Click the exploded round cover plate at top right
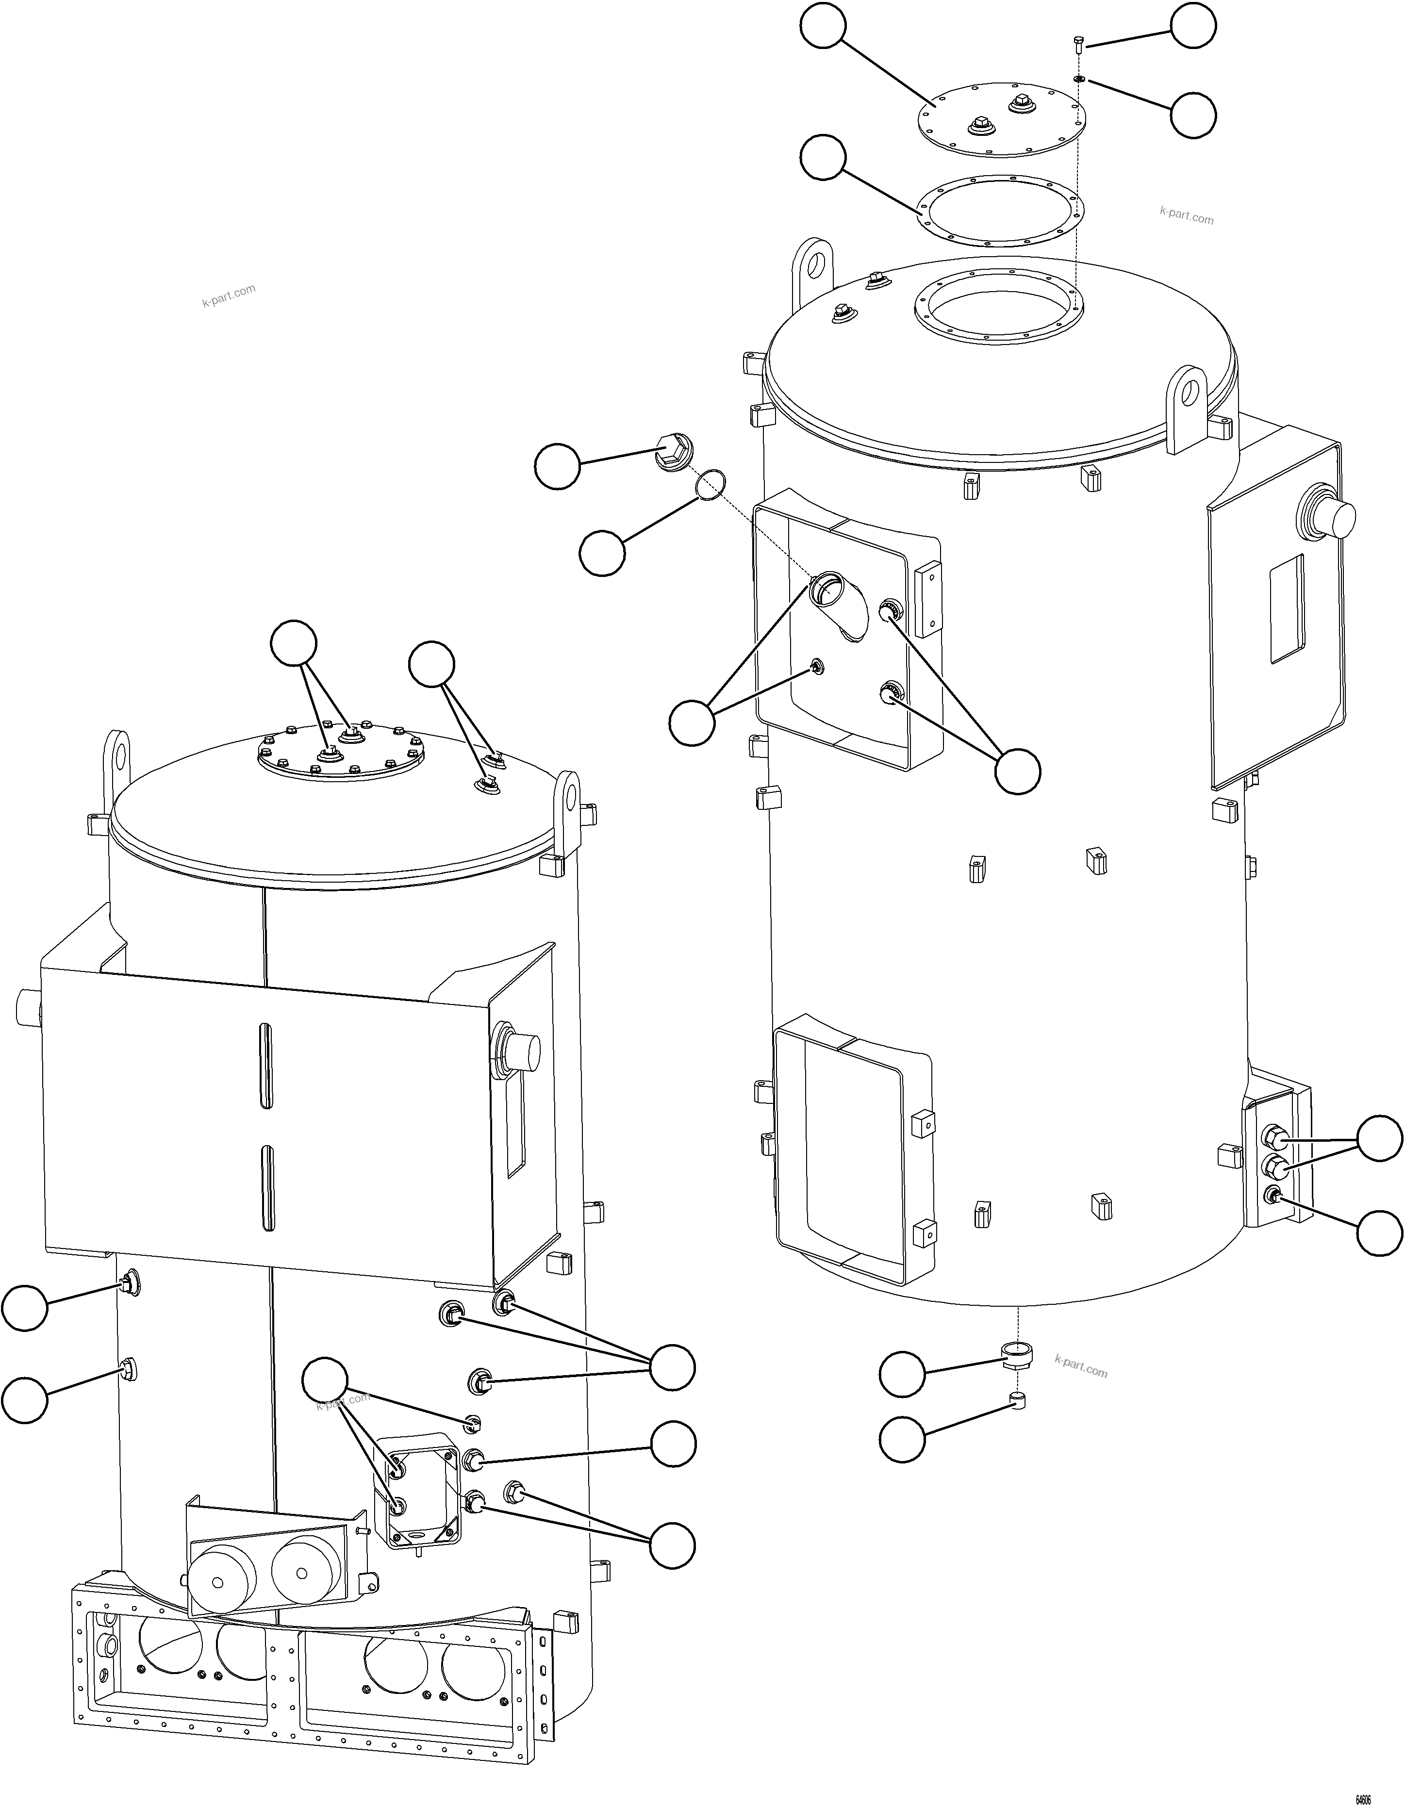click(x=1001, y=120)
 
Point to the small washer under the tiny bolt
click(x=1079, y=79)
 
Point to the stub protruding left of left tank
click(x=27, y=1007)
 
